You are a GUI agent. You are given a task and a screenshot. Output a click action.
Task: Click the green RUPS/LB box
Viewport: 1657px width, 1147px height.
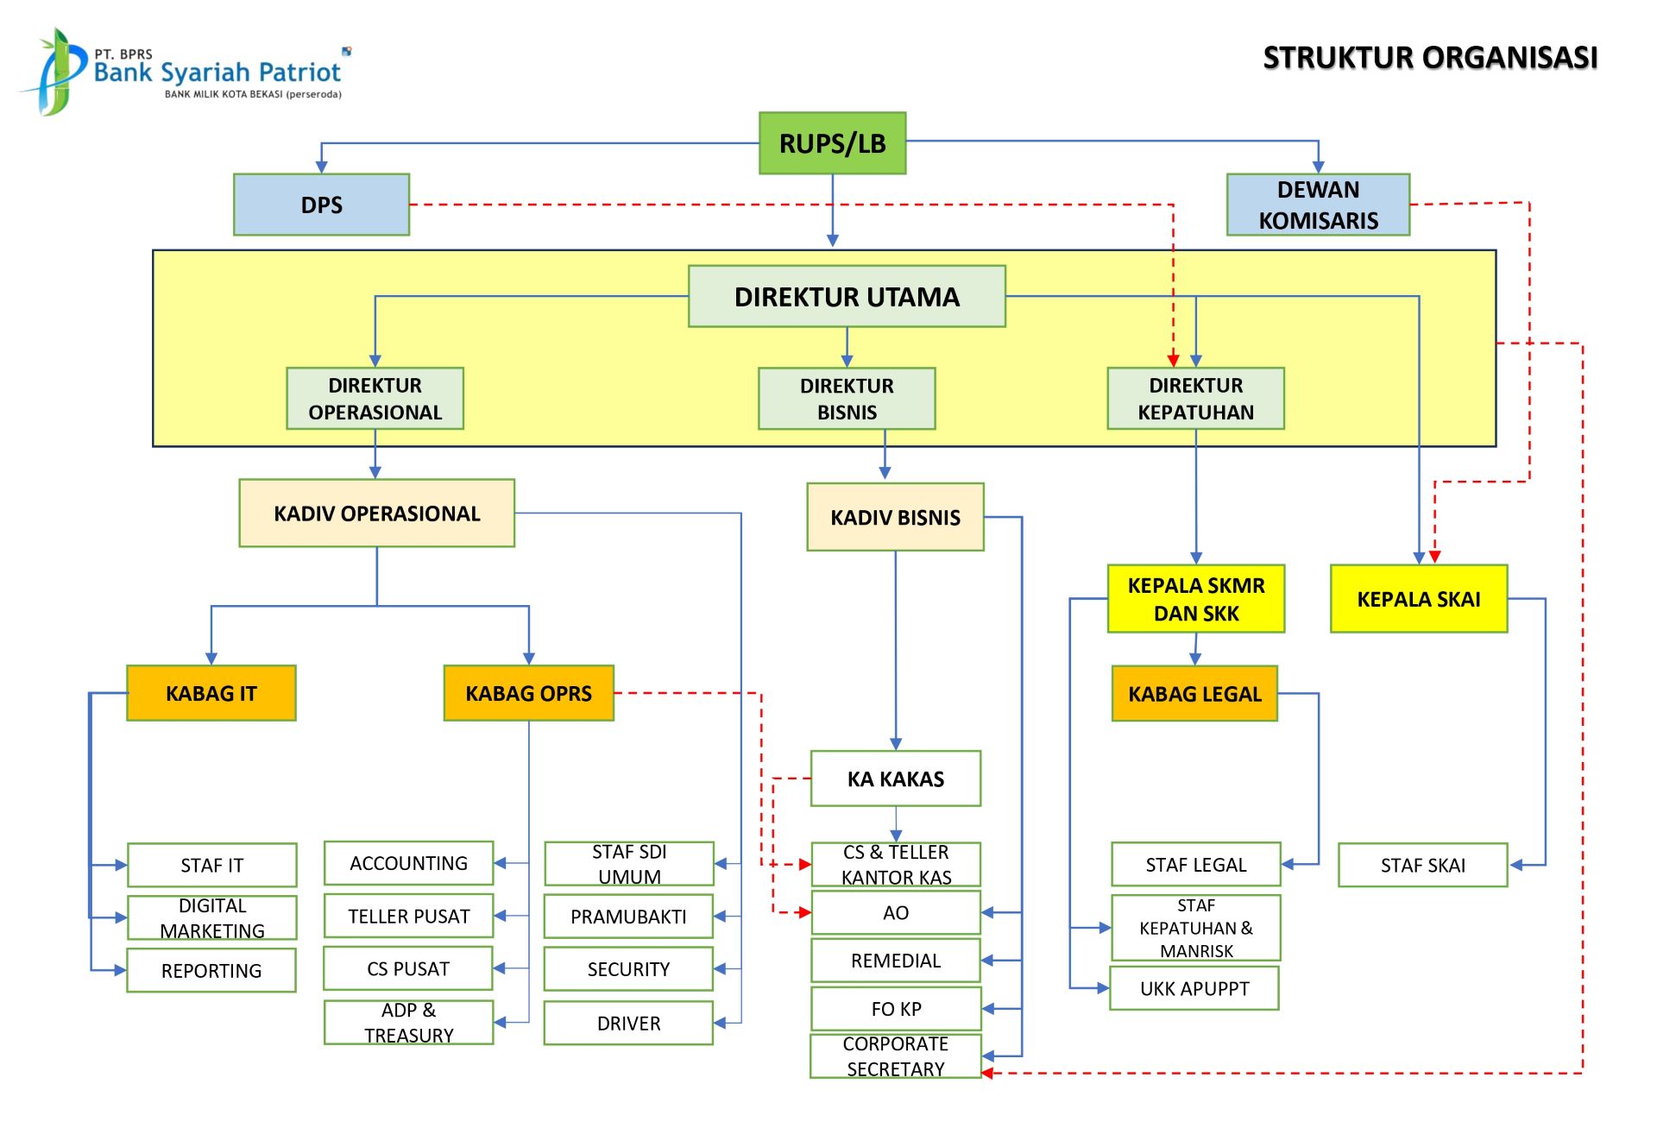coord(832,143)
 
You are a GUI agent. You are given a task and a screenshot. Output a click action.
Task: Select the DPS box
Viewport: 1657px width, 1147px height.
coord(321,205)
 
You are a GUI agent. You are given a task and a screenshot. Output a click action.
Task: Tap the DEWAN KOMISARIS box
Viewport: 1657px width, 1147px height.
coord(1318,205)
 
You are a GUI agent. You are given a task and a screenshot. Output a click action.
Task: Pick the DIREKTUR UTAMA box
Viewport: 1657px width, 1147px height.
coord(847,296)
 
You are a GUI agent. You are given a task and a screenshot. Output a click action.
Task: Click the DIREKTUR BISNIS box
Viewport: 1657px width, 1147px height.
coord(847,399)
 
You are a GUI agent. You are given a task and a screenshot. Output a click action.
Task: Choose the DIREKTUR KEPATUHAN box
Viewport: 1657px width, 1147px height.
coord(1195,399)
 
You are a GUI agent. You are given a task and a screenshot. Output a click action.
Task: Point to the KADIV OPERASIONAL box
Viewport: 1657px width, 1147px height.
coord(376,514)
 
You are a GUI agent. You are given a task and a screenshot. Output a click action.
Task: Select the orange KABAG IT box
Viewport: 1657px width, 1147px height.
coord(211,693)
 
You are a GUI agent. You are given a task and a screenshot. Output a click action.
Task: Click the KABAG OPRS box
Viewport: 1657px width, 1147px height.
coord(528,693)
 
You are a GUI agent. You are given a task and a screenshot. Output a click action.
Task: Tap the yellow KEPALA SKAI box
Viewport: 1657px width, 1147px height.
coord(1418,599)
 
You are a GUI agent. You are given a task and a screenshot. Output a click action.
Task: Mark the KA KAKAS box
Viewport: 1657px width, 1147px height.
coord(895,778)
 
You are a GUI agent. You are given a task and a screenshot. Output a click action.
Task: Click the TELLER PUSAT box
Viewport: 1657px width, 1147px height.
coord(408,916)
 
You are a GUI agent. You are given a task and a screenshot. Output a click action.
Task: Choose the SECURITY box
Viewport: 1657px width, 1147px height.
coord(628,969)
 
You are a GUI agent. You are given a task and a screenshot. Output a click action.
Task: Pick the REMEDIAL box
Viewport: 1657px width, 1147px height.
coord(895,961)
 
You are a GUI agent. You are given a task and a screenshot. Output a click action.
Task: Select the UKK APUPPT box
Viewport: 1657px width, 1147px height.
coord(1194,989)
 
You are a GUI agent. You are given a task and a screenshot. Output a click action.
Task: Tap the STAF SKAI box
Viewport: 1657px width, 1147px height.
coord(1422,865)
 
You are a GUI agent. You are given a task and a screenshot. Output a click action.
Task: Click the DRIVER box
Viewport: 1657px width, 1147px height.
coord(628,1023)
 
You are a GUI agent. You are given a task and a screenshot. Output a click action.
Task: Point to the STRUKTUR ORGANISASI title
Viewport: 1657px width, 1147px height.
coord(1430,58)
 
